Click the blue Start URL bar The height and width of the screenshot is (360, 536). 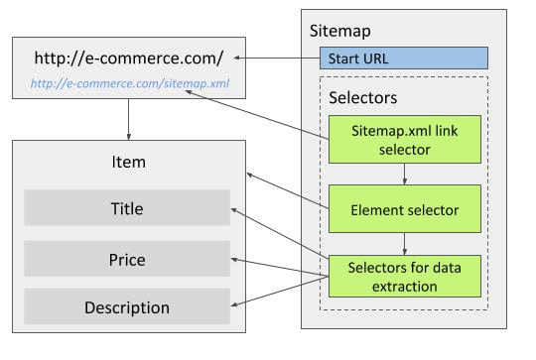[404, 58]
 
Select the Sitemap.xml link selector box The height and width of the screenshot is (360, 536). [404, 139]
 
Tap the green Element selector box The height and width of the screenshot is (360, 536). [404, 209]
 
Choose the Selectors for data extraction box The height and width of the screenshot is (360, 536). [404, 275]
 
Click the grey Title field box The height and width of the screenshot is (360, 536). [126, 208]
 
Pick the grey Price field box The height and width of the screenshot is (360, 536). [126, 259]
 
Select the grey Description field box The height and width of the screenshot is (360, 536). [126, 307]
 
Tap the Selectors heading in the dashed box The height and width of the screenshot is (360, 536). [362, 99]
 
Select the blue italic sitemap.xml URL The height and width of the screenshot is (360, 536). [130, 84]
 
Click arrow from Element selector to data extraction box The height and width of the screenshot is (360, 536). [404, 241]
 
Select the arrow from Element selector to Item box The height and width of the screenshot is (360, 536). [288, 190]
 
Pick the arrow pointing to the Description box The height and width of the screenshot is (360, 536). [283, 293]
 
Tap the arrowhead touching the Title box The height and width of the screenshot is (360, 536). [234, 210]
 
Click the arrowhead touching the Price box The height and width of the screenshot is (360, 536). [234, 259]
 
